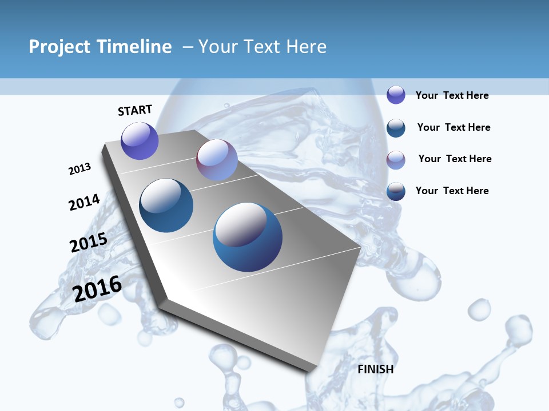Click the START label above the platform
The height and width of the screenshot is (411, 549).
point(135,110)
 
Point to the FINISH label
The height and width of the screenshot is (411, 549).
point(376,369)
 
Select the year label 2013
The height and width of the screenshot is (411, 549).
point(80,169)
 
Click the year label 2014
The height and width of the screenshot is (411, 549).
point(84,202)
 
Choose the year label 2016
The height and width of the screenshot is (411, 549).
point(97,289)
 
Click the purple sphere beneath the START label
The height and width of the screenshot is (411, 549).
point(140,140)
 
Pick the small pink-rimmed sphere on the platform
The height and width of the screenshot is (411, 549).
point(217,160)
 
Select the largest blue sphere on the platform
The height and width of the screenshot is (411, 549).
point(248,236)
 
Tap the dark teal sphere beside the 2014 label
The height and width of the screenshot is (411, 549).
point(166,205)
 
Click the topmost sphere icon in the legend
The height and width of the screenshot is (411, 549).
point(396,95)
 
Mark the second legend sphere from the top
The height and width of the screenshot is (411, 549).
point(396,127)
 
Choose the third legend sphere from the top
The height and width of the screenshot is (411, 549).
point(396,160)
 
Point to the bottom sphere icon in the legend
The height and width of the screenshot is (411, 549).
point(396,191)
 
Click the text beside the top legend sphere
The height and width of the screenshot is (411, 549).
point(452,95)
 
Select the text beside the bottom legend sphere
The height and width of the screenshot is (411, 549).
point(452,191)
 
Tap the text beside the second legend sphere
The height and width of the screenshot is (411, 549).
point(453,127)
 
